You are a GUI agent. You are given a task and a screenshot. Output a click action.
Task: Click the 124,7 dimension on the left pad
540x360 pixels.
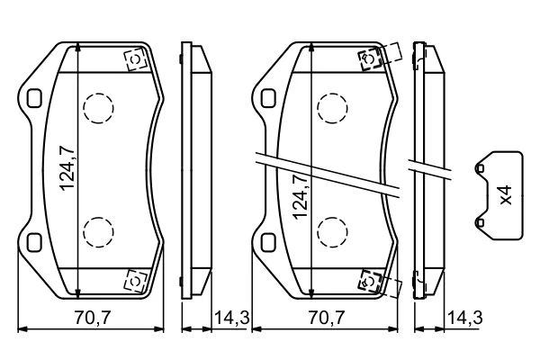click(67, 167)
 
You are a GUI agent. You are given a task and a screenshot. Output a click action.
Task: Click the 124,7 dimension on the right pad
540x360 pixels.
click(300, 196)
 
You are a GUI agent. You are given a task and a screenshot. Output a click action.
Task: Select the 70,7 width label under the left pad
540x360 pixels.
click(93, 318)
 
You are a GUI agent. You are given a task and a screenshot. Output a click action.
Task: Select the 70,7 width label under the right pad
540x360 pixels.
click(326, 318)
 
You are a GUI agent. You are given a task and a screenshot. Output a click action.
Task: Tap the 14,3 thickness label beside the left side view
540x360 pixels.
click(232, 318)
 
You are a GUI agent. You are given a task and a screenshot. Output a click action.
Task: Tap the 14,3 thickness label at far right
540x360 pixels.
click(465, 318)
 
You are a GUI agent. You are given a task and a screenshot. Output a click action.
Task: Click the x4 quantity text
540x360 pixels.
click(506, 195)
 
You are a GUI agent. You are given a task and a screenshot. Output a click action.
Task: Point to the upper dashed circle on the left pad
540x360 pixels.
click(98, 108)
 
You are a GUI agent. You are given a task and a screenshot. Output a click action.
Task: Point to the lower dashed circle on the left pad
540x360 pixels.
click(98, 232)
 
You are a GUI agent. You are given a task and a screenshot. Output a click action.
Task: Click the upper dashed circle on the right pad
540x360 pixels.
click(332, 108)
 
